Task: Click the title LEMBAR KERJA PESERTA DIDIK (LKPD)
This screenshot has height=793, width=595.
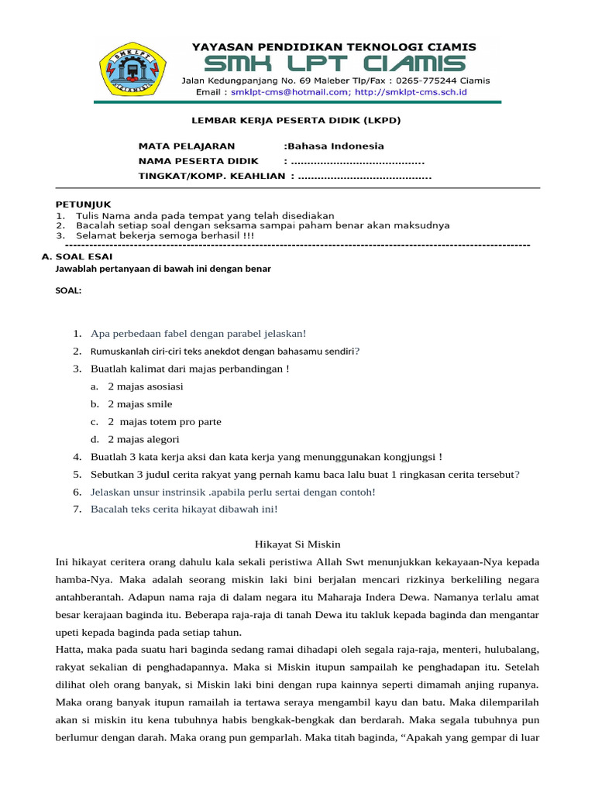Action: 296,121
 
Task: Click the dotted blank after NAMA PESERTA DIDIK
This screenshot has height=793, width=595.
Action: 356,161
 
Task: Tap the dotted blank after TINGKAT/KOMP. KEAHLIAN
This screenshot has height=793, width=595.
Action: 364,177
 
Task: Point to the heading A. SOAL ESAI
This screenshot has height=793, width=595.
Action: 74,256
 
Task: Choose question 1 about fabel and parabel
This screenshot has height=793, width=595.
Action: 198,334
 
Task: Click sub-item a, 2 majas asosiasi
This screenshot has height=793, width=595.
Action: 145,386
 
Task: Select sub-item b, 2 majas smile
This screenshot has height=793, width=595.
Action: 139,404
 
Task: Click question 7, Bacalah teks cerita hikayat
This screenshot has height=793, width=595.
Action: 184,510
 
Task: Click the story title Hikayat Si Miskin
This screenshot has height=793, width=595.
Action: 297,545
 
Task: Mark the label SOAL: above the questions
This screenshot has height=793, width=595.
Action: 68,291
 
